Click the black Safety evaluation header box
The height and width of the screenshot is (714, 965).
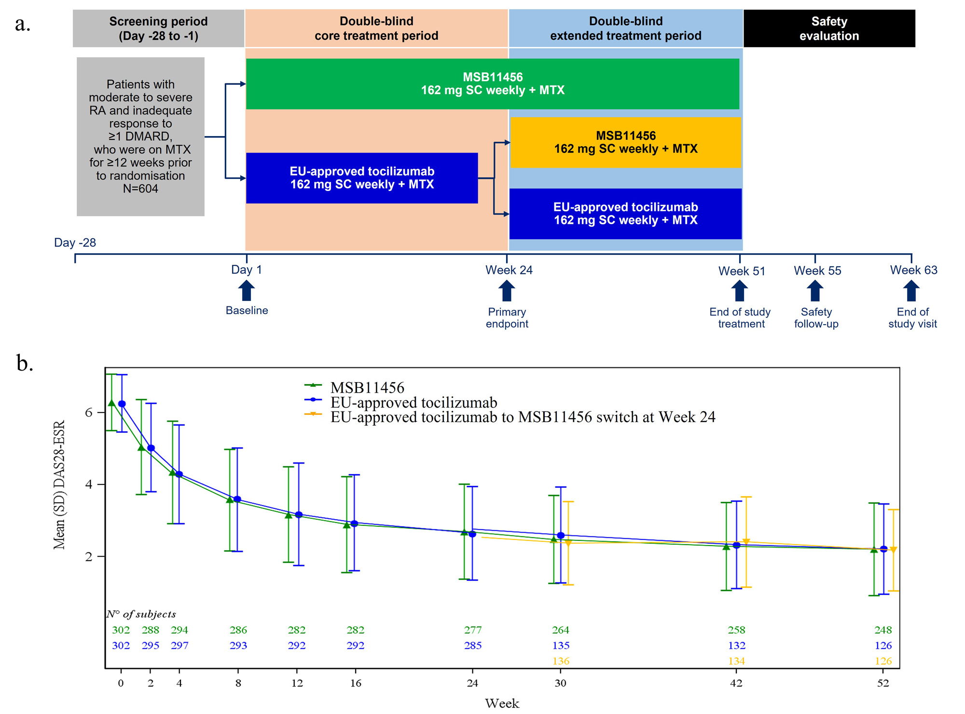[829, 28]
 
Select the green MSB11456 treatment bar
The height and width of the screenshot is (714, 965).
[492, 84]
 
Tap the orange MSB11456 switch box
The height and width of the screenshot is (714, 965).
[625, 143]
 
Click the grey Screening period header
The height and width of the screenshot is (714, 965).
[158, 28]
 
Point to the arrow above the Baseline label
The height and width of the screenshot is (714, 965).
[247, 291]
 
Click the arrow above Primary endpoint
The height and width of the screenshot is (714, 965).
[507, 291]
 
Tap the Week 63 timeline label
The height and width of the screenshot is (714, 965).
[913, 270]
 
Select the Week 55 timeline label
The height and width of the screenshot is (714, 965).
[817, 271]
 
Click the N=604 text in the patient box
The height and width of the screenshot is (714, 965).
[140, 189]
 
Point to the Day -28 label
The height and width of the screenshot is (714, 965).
[75, 243]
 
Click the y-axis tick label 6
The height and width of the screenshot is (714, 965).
[89, 412]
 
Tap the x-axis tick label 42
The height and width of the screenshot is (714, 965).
[736, 683]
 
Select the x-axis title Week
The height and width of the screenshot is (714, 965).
[502, 703]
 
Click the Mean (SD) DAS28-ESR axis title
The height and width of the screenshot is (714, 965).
[59, 485]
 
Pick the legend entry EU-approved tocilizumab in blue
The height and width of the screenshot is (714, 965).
[414, 402]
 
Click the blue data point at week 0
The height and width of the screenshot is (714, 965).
[122, 404]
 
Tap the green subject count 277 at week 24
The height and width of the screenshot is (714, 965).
[473, 630]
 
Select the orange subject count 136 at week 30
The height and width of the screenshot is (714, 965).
[561, 661]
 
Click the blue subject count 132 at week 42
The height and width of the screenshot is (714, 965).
[736, 645]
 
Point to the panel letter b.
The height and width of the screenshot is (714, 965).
[24, 363]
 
